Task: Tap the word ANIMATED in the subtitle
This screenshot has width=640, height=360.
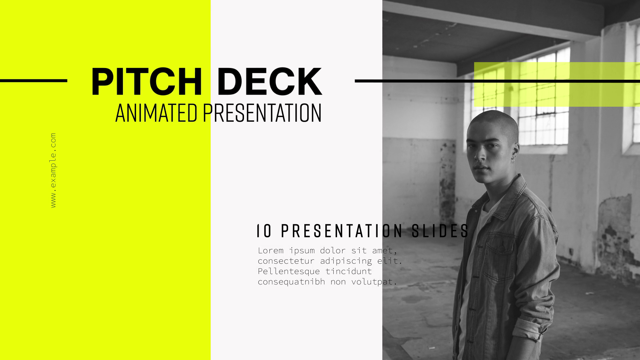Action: [x=156, y=113]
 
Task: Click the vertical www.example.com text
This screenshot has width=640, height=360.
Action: [x=53, y=170]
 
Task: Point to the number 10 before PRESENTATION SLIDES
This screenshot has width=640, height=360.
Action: [x=265, y=231]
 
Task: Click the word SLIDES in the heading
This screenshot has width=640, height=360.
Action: [x=440, y=231]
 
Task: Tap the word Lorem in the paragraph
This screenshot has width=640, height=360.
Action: [x=271, y=250]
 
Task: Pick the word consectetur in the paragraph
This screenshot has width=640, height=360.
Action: [x=286, y=261]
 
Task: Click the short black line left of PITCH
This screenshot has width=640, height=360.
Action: [x=34, y=81]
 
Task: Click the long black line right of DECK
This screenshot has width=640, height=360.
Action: [x=497, y=81]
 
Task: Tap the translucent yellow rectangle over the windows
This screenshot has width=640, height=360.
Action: [x=557, y=84]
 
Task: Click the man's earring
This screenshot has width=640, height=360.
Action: [x=513, y=161]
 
